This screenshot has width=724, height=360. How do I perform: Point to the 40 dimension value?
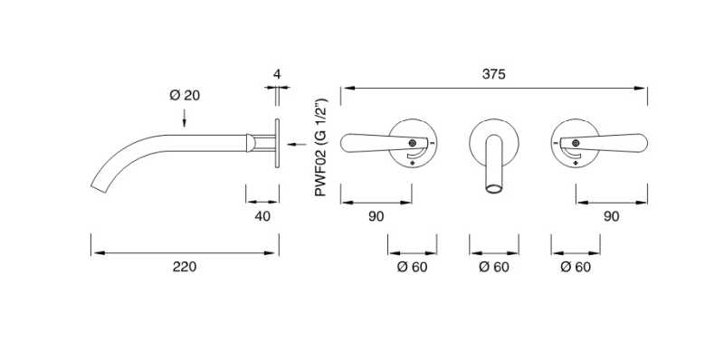[262, 216]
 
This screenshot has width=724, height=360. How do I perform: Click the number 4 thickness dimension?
[278, 72]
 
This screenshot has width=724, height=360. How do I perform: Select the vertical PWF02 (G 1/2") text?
[321, 150]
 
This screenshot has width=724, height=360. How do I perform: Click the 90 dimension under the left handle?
[376, 216]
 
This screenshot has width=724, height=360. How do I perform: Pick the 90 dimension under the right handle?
[611, 216]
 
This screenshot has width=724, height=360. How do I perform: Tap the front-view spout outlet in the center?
[494, 188]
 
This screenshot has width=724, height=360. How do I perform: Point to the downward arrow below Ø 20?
[185, 117]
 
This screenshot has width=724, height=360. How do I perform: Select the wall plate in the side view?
[277, 142]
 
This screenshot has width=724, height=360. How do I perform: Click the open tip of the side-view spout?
[99, 188]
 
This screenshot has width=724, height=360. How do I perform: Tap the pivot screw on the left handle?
[413, 142]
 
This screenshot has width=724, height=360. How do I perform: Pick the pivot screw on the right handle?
[576, 142]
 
